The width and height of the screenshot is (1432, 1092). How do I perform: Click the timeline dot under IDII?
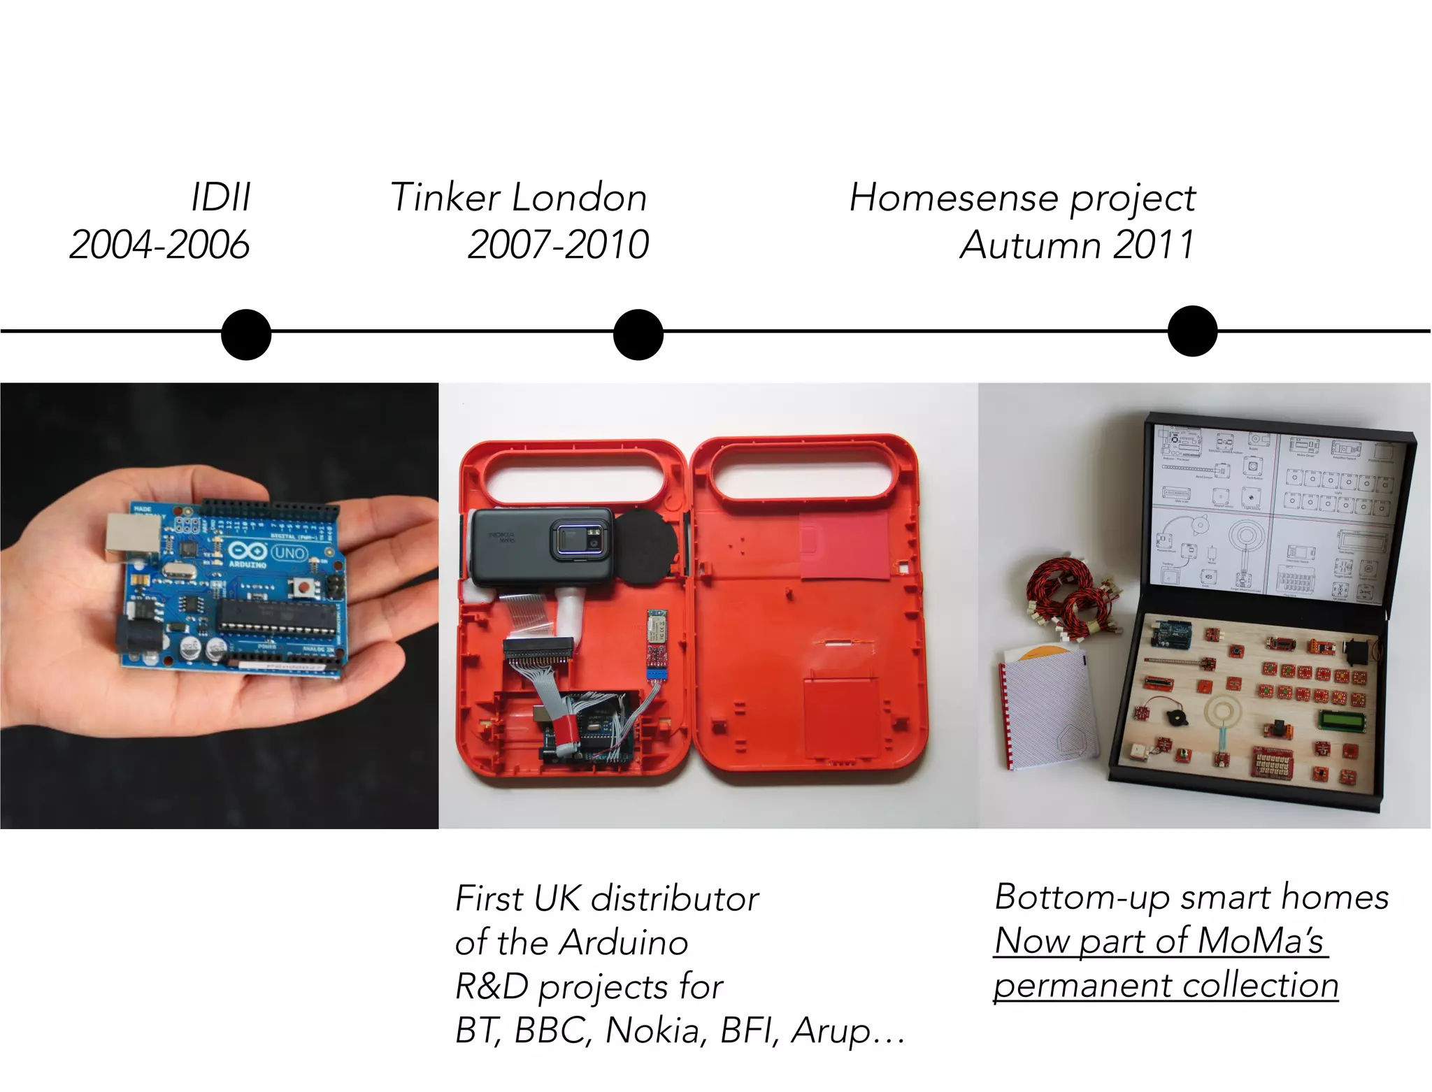coord(246,335)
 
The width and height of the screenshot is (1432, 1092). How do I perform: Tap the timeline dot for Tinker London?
coord(638,335)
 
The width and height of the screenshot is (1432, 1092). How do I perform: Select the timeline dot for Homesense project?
coord(1192,331)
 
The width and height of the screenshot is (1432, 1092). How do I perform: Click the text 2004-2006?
coord(159,245)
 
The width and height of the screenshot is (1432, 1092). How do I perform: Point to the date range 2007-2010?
coord(558,245)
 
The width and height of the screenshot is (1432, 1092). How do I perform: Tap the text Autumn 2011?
coord(1077,245)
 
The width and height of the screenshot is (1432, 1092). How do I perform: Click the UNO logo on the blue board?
coord(289,553)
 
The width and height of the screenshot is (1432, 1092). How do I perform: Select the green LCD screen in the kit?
coord(1342,721)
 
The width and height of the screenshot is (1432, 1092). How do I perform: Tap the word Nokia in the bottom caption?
coord(653,1030)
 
